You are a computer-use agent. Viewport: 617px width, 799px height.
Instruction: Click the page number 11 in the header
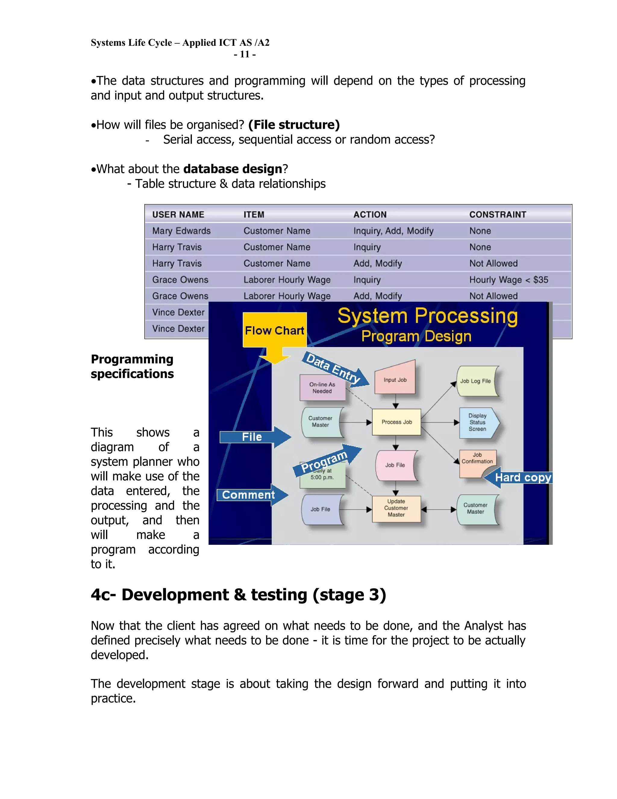click(x=245, y=55)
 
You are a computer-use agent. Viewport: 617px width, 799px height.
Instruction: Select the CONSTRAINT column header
click(x=497, y=215)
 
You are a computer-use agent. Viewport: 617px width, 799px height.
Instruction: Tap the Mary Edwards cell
click(x=181, y=231)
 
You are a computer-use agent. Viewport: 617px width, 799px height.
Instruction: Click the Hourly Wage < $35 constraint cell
click(x=509, y=280)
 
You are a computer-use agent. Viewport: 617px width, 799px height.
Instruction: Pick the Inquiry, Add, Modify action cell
click(x=393, y=231)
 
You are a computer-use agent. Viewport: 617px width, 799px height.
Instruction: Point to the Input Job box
click(x=395, y=380)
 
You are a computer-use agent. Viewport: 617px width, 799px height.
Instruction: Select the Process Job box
click(x=396, y=422)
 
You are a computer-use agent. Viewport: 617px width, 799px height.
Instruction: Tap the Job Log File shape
click(x=476, y=381)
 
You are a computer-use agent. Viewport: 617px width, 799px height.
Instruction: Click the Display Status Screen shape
click(x=478, y=422)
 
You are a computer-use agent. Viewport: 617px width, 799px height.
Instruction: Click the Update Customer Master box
click(x=396, y=508)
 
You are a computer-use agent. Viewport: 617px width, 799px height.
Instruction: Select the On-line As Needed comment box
click(x=322, y=388)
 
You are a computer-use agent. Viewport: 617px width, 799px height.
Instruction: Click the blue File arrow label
click(x=252, y=437)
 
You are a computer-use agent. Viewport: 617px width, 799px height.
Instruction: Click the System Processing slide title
click(x=427, y=316)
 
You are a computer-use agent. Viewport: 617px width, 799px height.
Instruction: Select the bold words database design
click(x=233, y=169)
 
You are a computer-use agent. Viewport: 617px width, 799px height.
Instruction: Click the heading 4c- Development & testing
click(x=238, y=595)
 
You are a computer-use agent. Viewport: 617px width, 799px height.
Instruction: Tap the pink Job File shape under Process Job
click(x=395, y=465)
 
